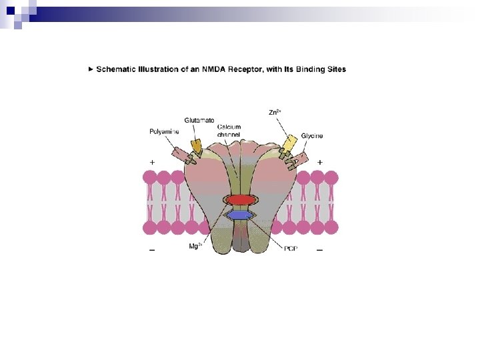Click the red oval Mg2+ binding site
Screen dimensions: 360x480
[x=240, y=200]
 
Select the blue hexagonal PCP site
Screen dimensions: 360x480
[x=240, y=215]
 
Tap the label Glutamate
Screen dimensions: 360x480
[x=199, y=121]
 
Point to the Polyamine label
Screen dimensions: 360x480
[x=164, y=132]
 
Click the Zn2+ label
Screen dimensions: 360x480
[x=274, y=113]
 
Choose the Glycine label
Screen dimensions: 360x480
[x=311, y=136]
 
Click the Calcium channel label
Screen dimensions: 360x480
[x=229, y=131]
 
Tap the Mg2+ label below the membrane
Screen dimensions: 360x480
[x=195, y=247]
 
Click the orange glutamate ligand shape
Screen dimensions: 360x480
[x=196, y=145]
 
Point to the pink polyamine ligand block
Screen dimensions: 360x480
[x=179, y=154]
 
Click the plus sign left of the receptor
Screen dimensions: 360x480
[x=153, y=162]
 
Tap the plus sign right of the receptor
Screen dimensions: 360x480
[x=320, y=162]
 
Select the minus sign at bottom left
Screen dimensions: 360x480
[x=153, y=251]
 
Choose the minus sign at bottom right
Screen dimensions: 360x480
[x=320, y=251]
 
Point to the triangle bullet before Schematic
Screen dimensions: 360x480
[x=91, y=69]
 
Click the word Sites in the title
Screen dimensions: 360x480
[x=335, y=69]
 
